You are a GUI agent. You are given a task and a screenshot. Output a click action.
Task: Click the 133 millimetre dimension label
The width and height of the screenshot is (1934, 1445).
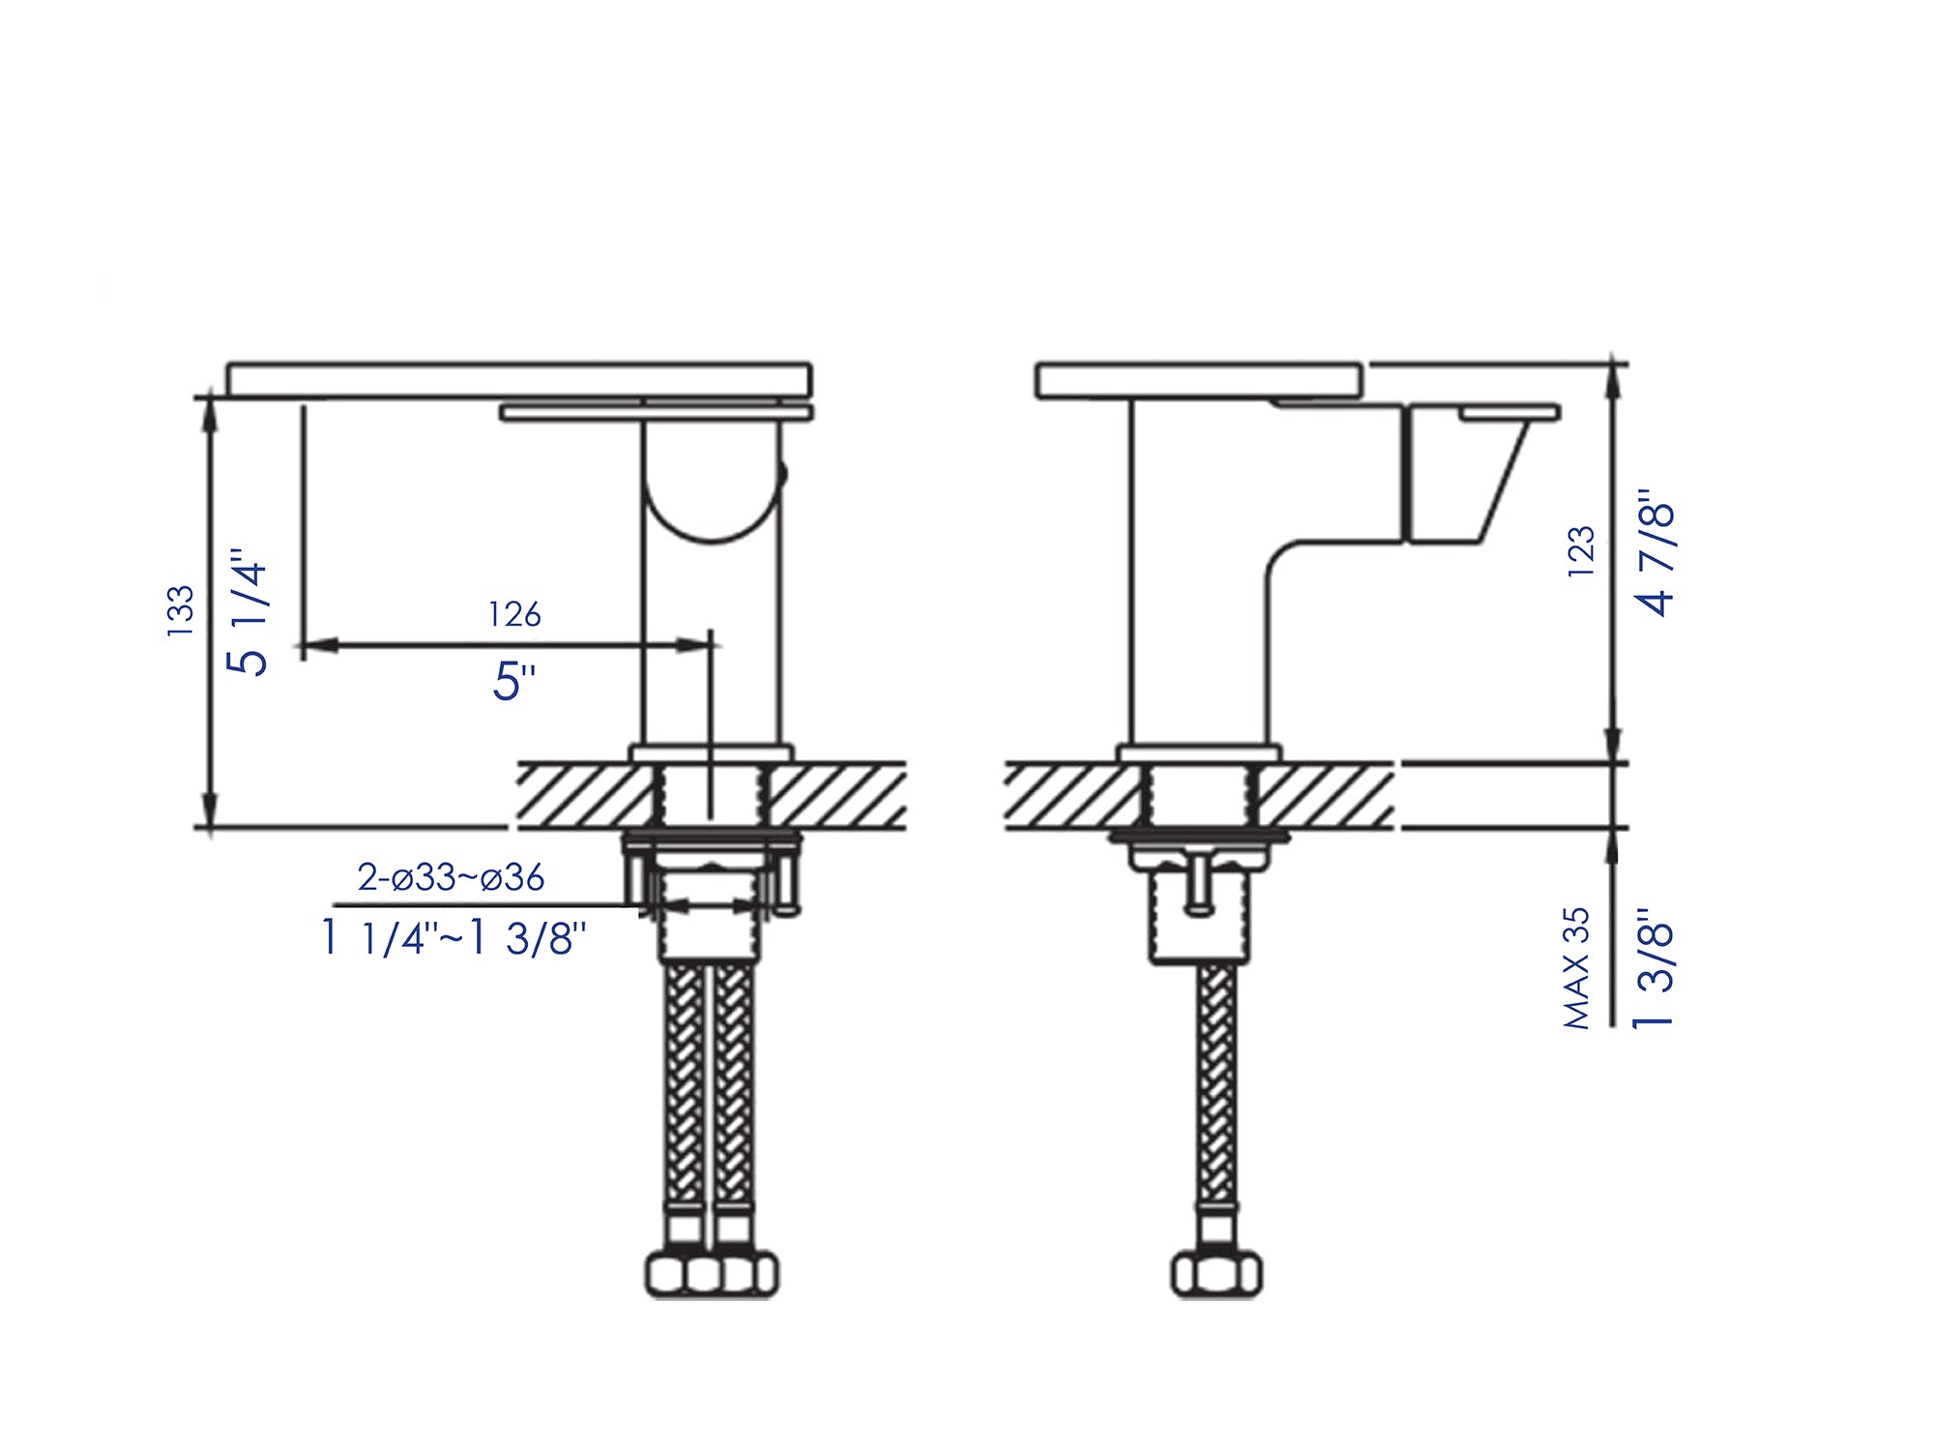pos(181,610)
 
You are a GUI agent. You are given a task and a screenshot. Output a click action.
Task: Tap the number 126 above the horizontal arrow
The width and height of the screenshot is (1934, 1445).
pos(514,614)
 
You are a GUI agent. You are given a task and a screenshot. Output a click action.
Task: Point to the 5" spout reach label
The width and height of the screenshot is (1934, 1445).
pos(513,681)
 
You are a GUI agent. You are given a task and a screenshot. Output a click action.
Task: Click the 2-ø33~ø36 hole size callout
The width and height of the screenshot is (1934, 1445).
pos(451,877)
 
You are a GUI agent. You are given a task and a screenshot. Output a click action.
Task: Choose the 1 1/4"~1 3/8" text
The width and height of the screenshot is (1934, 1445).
pos(454,937)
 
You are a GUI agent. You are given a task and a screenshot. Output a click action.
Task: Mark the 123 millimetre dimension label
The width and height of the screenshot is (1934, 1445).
pos(1580,552)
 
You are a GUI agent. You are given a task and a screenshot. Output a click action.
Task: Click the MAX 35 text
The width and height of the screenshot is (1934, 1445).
pos(1576,967)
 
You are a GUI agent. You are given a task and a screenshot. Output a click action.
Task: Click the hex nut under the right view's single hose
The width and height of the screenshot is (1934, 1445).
pos(1216,1274)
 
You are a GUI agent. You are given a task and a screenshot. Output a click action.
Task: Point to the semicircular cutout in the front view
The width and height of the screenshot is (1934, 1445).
pos(711,503)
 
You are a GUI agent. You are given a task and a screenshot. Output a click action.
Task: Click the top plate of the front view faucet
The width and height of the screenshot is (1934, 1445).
pos(519,380)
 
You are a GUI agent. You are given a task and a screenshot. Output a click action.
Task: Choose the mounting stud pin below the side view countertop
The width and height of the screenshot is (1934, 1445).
pos(1199,885)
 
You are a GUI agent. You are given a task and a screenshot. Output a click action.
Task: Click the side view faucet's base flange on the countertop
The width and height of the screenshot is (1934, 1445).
pos(1199,753)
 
